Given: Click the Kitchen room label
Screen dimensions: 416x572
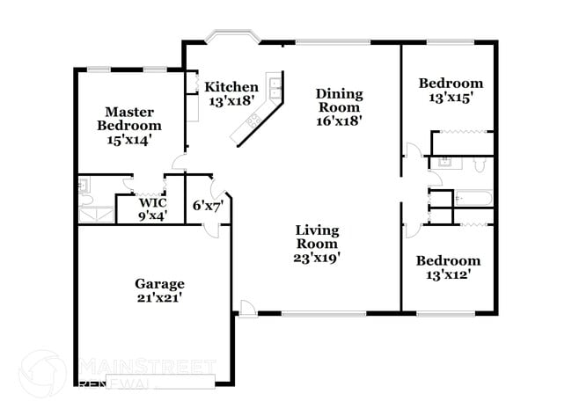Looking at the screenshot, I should point(231,87).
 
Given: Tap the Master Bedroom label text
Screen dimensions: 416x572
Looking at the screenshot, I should point(129,119).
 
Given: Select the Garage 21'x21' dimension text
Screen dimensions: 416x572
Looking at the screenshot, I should point(159,297).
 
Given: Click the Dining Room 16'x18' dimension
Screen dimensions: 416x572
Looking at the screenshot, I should point(340,121).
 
